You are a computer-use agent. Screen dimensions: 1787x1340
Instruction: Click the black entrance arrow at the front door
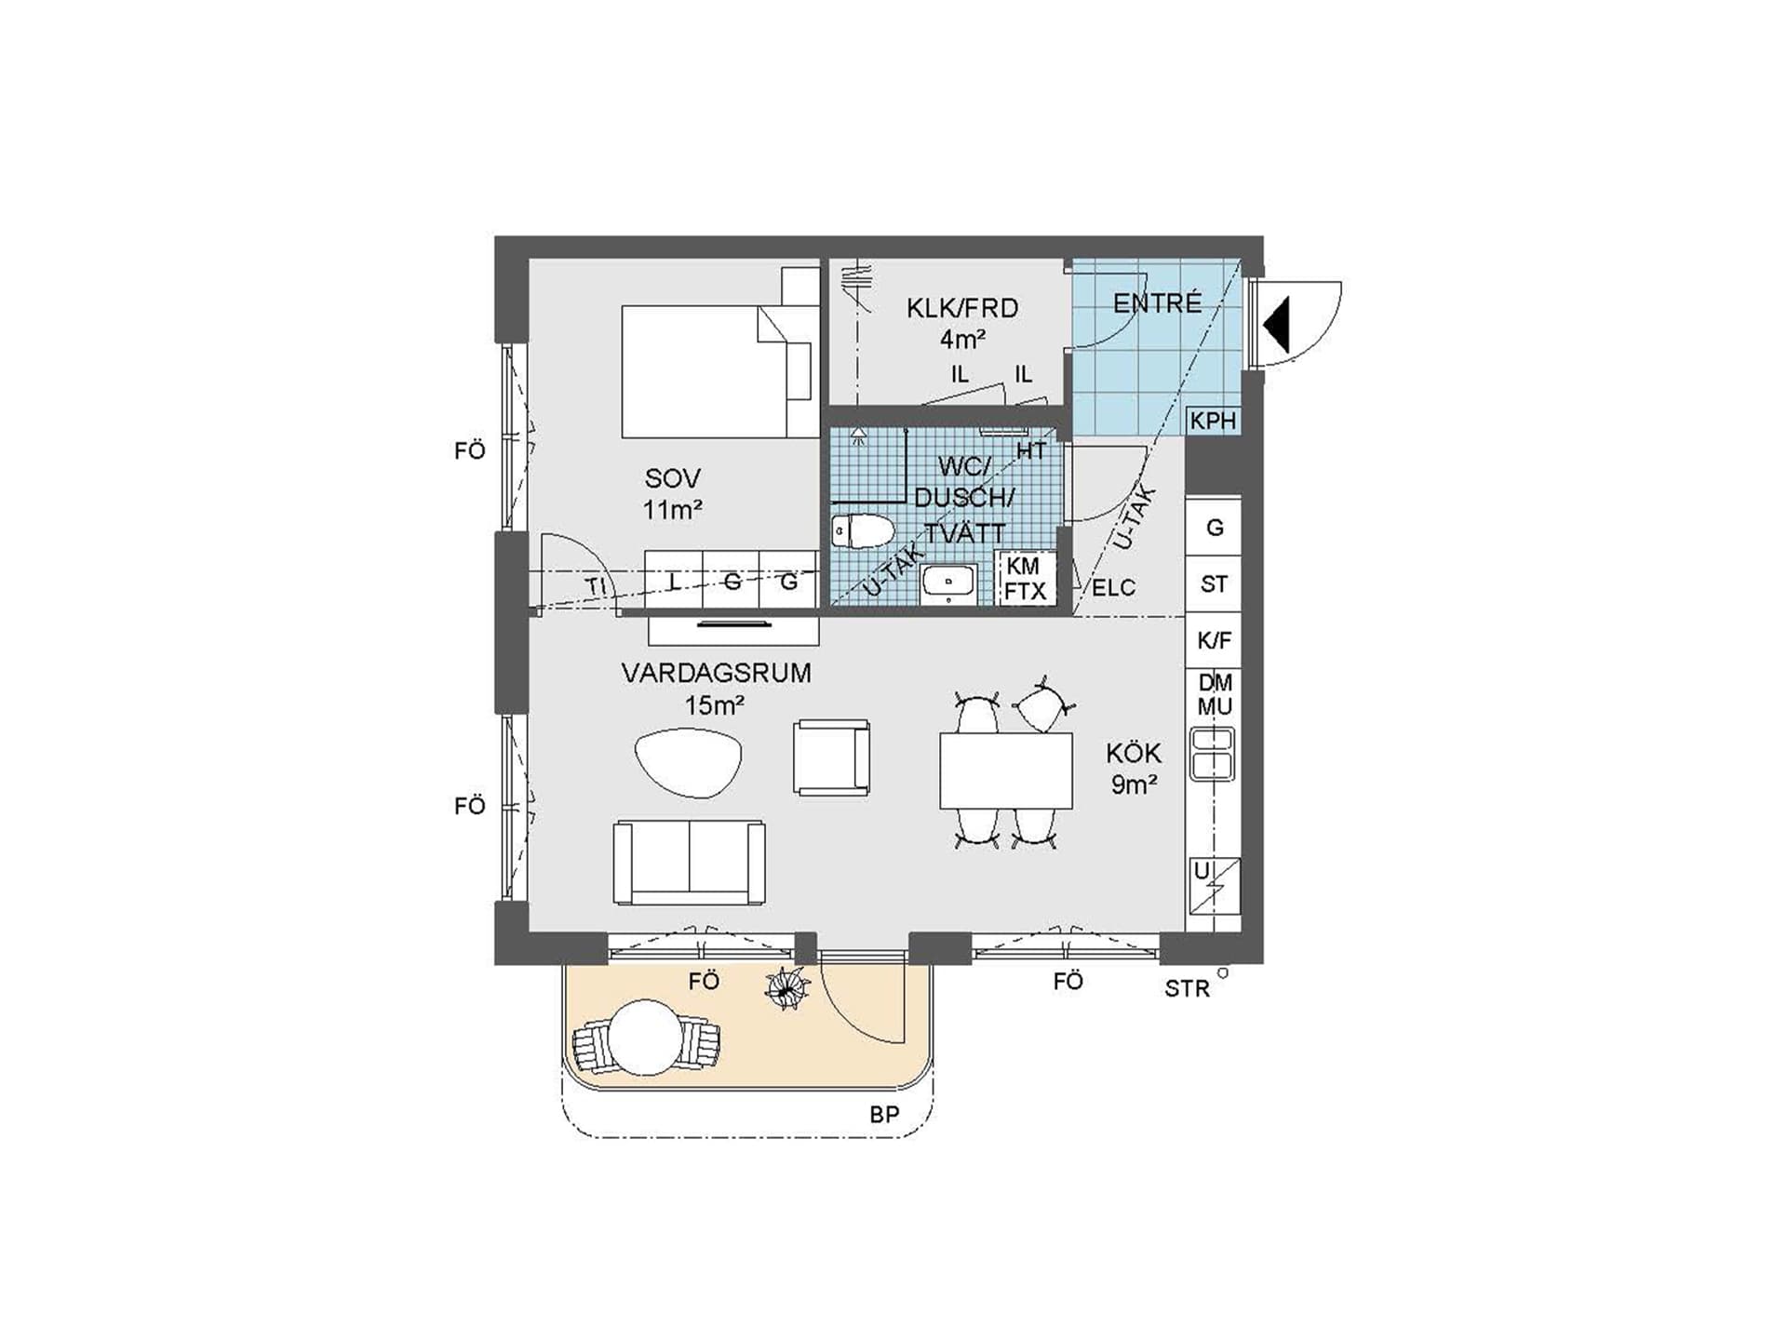pos(1277,325)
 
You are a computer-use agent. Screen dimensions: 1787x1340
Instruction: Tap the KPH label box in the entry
pos(1214,421)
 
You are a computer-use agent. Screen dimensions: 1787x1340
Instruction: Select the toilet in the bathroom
pos(862,531)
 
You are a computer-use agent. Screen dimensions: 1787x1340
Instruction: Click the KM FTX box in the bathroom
pos(1026,578)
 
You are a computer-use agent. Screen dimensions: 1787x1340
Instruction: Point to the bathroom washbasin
pos(948,583)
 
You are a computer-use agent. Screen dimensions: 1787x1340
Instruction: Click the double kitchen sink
pos(1213,754)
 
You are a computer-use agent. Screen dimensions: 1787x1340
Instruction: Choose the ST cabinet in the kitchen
pos(1214,584)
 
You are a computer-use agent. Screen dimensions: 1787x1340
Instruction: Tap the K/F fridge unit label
pos(1214,640)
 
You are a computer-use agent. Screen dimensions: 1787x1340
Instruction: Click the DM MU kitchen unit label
pos(1215,695)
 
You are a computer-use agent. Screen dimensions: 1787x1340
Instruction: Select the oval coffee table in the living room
pos(688,762)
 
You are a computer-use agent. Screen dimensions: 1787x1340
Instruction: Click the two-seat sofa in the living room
pos(690,863)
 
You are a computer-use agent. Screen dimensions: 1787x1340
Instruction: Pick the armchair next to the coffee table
pos(831,757)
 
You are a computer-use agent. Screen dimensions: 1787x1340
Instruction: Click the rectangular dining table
pos(1006,770)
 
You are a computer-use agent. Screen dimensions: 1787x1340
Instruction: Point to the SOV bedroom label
pos(672,494)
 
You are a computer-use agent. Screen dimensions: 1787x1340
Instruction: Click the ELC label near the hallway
pos(1113,588)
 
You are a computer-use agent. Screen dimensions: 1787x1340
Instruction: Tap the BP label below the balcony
pos(884,1115)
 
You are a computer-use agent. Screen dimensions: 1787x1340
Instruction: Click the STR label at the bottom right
pos(1187,989)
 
